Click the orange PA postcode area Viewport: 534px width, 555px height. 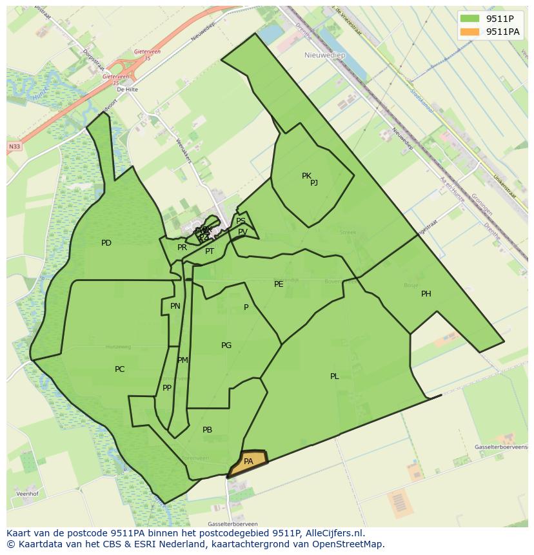(x=248, y=462)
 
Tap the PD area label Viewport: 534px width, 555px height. (x=106, y=243)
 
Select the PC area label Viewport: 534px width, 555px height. (x=119, y=369)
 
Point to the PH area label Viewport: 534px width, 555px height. (x=426, y=294)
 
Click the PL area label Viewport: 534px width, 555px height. (x=334, y=376)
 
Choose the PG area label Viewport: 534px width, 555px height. (x=226, y=346)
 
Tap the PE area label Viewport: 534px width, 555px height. (x=279, y=284)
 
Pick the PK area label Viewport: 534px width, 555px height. (x=306, y=175)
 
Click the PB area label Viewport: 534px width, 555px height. (x=207, y=430)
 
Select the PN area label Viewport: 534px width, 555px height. (x=175, y=306)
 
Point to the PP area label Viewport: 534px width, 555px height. (x=167, y=388)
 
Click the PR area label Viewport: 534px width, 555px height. (x=182, y=248)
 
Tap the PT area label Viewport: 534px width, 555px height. (x=210, y=251)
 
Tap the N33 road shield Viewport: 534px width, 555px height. (x=14, y=147)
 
